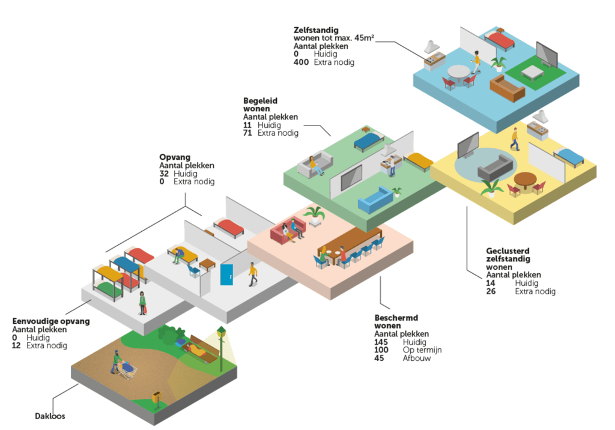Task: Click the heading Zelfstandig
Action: coord(316,29)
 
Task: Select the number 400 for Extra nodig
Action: coord(301,62)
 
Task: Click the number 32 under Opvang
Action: coord(164,174)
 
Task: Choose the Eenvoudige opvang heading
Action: coord(51,321)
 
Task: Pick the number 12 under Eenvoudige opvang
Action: coord(17,346)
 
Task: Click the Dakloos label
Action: coord(49,416)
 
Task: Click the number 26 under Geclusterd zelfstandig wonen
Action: coord(491,292)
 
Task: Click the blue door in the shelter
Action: coord(226,274)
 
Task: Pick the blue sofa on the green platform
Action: coord(375,200)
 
